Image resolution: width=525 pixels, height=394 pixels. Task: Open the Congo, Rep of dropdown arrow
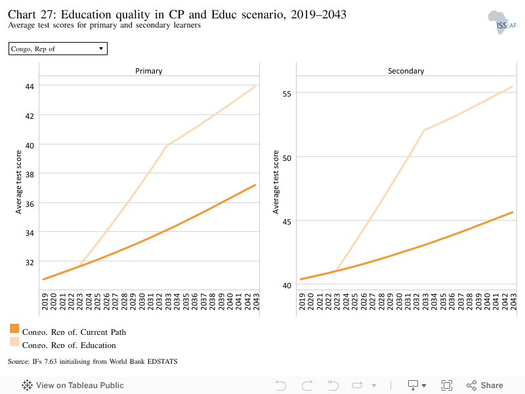point(101,49)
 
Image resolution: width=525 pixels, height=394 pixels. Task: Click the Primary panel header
point(149,71)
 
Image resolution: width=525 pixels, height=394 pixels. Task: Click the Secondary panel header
point(406,71)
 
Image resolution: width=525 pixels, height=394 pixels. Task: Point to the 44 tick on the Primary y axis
point(30,87)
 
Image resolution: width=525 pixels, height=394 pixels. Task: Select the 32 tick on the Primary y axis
point(30,262)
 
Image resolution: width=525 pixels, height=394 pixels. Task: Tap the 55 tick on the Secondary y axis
point(287,94)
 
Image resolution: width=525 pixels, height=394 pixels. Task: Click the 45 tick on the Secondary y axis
point(287,222)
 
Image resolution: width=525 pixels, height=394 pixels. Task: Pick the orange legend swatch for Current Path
point(14,328)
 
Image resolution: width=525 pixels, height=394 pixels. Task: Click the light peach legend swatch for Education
point(14,341)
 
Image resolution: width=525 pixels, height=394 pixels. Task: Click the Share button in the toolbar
point(485,385)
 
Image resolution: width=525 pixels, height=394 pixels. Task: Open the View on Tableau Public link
point(73,385)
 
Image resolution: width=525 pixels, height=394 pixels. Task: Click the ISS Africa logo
point(501,22)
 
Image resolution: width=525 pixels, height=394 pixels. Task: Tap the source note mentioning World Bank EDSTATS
point(93,362)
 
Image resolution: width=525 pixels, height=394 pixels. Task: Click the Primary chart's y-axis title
point(18,182)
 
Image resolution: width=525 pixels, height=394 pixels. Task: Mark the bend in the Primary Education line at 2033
point(167,145)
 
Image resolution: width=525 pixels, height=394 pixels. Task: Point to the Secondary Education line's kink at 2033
point(424,130)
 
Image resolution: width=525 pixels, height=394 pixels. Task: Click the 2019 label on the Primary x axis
point(45,301)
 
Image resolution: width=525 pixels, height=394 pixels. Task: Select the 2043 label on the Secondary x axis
point(513,301)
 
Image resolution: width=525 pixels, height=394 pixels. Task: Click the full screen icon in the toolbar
point(447,385)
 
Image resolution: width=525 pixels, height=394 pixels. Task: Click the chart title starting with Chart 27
point(177,14)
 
